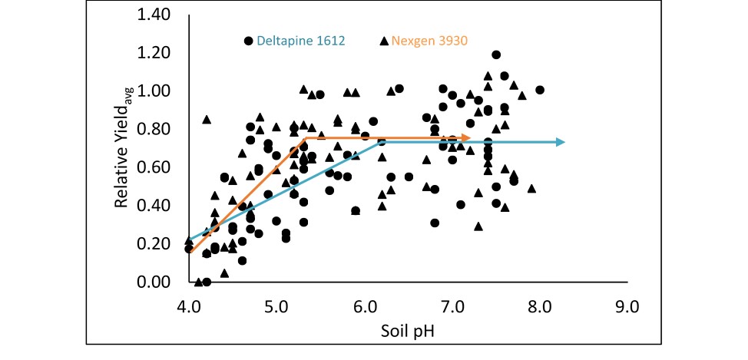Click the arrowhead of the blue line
[561, 142]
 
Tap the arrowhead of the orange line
[467, 138]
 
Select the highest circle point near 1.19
[496, 54]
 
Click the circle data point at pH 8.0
[540, 90]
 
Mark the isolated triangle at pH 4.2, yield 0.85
[207, 119]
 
